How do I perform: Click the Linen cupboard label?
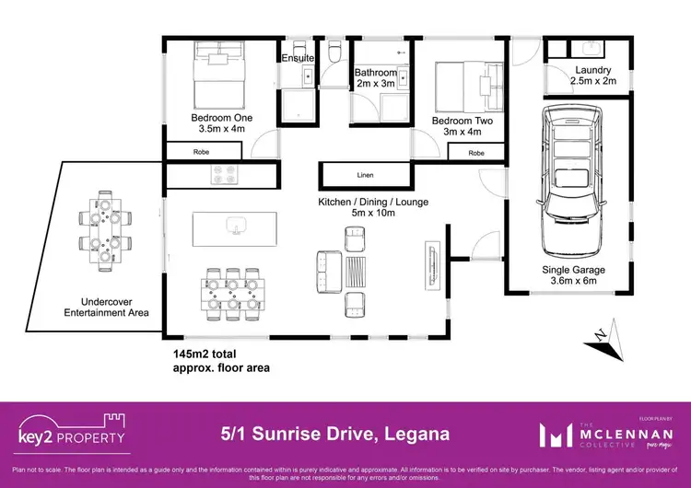click(365, 174)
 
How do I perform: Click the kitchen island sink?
click(237, 227)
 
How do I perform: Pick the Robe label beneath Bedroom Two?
click(476, 153)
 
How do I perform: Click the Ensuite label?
click(298, 59)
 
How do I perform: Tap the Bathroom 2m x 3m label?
click(376, 78)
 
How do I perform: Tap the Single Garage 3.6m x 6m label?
click(569, 275)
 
